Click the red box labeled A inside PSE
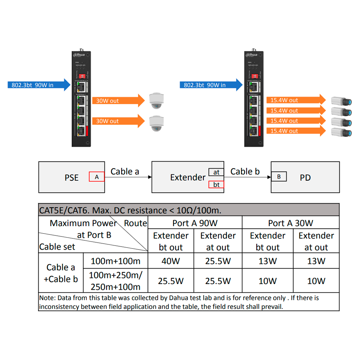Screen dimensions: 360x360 (96, 177)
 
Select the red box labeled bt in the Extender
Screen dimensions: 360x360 (216, 185)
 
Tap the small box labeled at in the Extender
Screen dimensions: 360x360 (216, 172)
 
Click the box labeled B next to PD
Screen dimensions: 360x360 (279, 177)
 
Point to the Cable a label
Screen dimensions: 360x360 (125, 172)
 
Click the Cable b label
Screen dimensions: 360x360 (245, 172)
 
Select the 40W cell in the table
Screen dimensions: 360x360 (171, 261)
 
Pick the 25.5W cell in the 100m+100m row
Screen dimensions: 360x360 (218, 261)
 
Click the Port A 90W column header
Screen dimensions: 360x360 (195, 223)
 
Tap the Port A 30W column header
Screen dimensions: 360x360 (291, 223)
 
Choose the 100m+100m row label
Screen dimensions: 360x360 (116, 261)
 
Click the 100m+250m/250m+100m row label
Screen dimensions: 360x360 (116, 281)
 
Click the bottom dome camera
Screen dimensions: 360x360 (157, 123)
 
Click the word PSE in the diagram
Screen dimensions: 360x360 (72, 178)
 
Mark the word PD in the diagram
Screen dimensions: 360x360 (305, 178)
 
